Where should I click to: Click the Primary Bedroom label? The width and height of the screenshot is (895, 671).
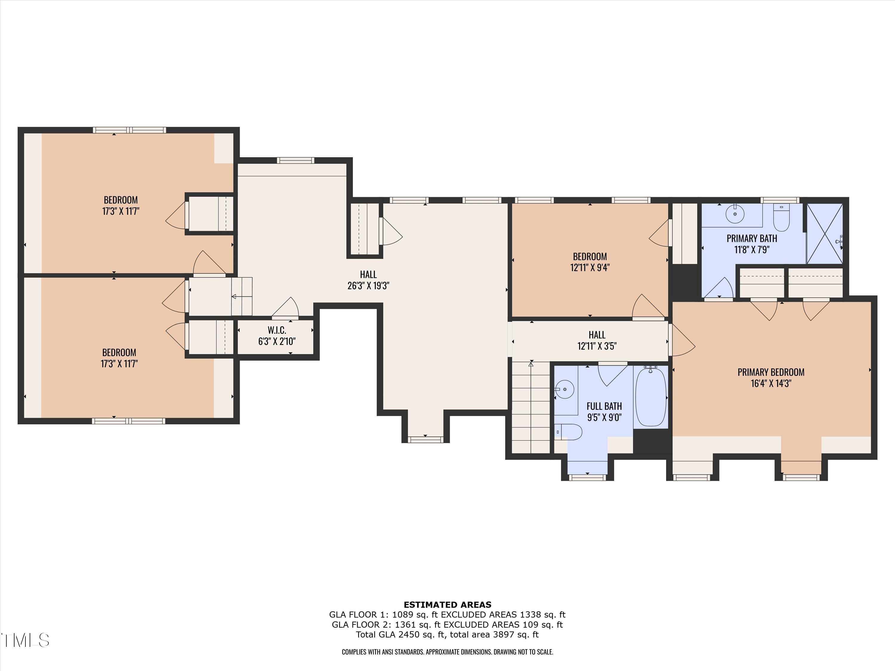coord(771,372)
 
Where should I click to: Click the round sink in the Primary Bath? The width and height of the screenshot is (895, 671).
coord(735,214)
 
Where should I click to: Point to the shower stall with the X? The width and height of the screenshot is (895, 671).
coord(825,234)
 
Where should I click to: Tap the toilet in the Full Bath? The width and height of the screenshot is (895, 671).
coord(568,432)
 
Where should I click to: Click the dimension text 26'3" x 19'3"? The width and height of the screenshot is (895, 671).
coord(368,286)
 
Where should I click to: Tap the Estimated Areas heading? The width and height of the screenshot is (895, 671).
coord(447,605)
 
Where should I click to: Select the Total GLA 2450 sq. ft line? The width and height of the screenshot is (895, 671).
coord(447,635)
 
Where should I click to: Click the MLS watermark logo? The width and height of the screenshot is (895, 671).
coord(25,640)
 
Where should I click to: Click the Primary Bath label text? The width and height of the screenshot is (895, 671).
coord(752,238)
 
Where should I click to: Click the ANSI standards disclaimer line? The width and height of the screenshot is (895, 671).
coord(447,652)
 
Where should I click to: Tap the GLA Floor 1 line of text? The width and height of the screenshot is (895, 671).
coord(447,615)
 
